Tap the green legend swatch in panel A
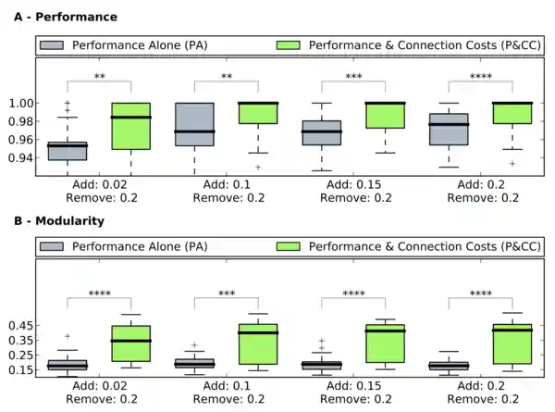point(290,45)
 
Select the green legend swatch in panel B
point(290,247)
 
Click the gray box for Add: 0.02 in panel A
point(68,151)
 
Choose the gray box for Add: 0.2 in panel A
point(449,129)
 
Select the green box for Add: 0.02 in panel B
point(130,343)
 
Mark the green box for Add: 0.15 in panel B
point(385,343)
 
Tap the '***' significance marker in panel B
point(226,294)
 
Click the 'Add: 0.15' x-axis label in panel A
point(353,184)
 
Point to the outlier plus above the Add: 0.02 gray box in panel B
point(68,336)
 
